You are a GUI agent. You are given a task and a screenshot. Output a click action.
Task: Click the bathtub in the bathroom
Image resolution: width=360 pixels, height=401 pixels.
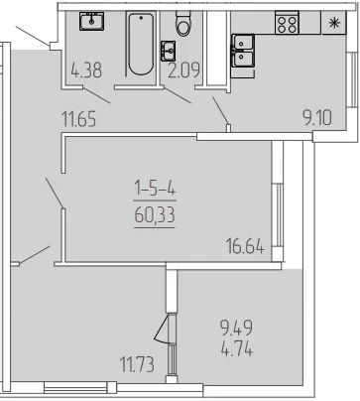coord(141,45)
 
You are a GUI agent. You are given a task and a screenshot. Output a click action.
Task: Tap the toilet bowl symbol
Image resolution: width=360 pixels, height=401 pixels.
coord(183,23)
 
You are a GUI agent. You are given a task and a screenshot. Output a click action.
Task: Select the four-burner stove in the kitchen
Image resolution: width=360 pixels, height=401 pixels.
coord(287,23)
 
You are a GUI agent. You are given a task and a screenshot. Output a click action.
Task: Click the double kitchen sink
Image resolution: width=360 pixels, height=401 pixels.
coord(243,51)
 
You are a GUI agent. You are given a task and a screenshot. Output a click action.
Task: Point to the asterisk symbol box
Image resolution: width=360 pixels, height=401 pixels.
coord(334,23)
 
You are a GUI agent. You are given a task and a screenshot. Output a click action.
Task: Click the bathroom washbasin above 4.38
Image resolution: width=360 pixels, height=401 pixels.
coord(91,22)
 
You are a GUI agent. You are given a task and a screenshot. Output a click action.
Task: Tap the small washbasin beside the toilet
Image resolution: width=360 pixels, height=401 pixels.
coord(169,51)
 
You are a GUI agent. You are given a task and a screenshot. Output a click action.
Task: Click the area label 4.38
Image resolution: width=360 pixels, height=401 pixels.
coord(86,70)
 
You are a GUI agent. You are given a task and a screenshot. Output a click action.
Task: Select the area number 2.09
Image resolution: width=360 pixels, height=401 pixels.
coord(183,70)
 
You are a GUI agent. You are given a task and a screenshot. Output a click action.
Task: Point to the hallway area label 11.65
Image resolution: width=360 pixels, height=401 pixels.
coord(79,119)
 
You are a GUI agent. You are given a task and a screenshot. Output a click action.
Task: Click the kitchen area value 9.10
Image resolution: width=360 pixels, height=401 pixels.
coord(317,118)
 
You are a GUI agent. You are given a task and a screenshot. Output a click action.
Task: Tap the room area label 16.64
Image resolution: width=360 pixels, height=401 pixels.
coord(245,246)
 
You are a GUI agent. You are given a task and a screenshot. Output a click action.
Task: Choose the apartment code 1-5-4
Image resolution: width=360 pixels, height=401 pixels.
coord(155,190)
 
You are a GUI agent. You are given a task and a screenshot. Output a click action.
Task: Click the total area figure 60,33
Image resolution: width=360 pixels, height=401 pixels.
coord(155,215)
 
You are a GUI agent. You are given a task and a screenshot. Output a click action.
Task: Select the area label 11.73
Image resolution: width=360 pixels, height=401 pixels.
coord(137,365)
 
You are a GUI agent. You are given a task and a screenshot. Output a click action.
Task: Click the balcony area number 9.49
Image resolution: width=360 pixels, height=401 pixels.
coord(237,328)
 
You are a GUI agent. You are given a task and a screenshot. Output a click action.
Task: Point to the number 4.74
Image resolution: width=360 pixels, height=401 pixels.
coord(237,349)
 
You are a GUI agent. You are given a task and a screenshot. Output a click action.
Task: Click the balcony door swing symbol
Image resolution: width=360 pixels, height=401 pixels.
coord(162,329)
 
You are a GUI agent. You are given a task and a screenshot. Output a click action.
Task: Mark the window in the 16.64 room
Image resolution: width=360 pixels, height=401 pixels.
coord(278,215)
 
